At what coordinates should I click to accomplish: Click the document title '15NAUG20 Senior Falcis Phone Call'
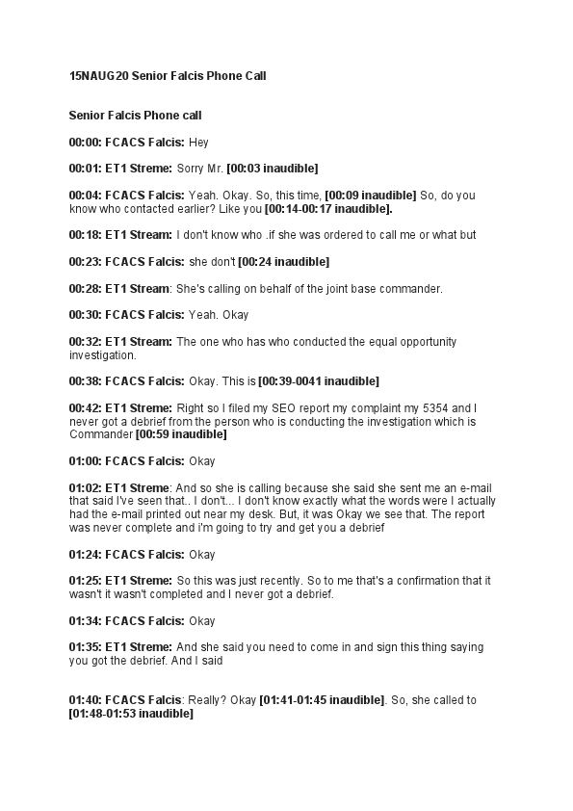coord(167,74)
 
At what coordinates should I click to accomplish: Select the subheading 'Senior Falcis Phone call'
coord(135,116)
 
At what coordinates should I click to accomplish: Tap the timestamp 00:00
coord(84,143)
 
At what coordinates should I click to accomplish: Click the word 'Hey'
coord(198,143)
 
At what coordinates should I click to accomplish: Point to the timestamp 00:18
coord(84,235)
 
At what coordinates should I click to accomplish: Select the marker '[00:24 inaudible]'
coord(284,262)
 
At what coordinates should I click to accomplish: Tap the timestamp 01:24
coord(84,555)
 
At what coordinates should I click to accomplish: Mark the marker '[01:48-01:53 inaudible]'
coord(131,714)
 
